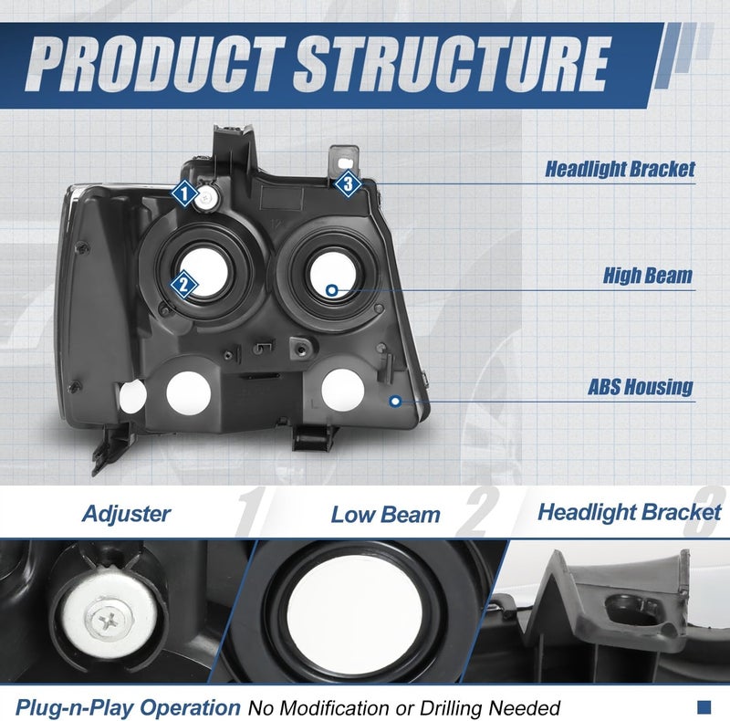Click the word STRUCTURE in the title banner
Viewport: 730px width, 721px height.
click(x=452, y=64)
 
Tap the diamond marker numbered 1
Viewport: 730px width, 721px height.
click(x=185, y=193)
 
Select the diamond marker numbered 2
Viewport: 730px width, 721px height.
click(x=183, y=285)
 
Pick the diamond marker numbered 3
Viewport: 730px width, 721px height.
click(x=349, y=183)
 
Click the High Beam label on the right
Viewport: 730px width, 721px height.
click(x=648, y=276)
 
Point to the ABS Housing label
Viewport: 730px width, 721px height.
click(x=641, y=387)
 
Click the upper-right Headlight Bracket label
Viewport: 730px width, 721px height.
click(x=620, y=169)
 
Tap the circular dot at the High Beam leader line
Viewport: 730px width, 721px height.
click(x=331, y=290)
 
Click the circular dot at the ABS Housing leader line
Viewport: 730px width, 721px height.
click(x=396, y=401)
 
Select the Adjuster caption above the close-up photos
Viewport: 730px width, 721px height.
click(x=126, y=514)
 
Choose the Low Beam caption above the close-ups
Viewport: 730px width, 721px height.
click(x=385, y=515)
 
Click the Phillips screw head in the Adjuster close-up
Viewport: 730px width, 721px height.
click(x=109, y=620)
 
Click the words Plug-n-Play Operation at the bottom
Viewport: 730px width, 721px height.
click(x=128, y=707)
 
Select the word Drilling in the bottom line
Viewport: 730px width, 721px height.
click(x=447, y=708)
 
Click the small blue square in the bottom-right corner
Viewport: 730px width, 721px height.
click(x=704, y=707)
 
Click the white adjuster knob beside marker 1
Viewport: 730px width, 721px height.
click(x=207, y=198)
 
